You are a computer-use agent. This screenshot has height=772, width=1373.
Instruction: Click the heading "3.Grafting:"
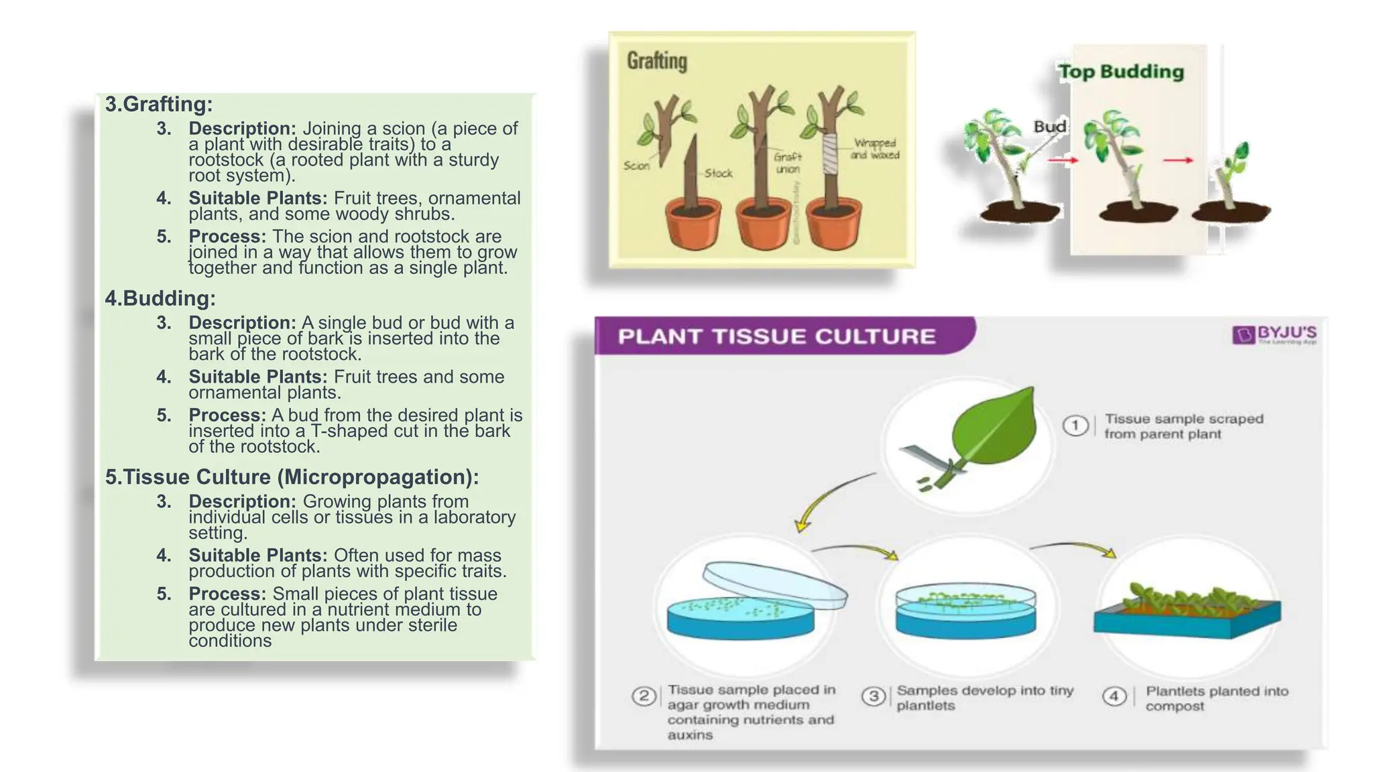[159, 105]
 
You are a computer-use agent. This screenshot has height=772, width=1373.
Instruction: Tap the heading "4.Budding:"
[160, 299]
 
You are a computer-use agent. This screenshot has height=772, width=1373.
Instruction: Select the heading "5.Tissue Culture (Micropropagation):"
[292, 477]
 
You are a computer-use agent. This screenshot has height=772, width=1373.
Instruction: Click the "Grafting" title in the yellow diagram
[657, 61]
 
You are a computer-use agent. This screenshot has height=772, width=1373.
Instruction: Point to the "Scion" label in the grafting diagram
[636, 166]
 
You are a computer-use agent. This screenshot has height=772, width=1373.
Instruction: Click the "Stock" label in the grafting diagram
[719, 174]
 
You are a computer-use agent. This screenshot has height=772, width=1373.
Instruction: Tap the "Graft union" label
[788, 163]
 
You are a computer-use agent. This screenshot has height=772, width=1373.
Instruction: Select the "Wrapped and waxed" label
[875, 149]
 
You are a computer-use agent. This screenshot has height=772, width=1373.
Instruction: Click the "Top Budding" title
[1121, 72]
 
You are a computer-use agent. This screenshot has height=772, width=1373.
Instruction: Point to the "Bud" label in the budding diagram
[1050, 127]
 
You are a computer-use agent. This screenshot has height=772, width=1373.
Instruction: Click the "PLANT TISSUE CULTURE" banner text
[776, 336]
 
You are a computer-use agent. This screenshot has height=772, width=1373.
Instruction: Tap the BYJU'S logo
[1274, 334]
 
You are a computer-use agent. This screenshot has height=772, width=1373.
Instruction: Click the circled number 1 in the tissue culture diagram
[1075, 426]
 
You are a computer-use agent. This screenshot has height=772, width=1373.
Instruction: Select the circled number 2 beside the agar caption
[644, 696]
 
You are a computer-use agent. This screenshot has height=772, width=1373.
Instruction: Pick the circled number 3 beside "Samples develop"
[874, 696]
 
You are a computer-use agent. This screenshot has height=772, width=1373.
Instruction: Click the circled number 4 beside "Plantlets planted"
[1114, 696]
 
